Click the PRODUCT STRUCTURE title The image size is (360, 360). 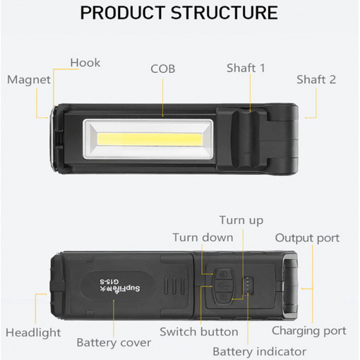pos(179,13)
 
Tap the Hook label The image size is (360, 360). pos(85,63)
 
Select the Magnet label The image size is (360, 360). pos(29,80)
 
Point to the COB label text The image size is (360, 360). pos(163,68)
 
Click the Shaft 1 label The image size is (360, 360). pos(246,68)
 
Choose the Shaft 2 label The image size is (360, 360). pos(316,80)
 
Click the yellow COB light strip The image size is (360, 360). pos(150,139)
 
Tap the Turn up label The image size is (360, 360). pos(241,220)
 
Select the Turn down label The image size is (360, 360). pos(203,237)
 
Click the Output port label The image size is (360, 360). pos(307,238)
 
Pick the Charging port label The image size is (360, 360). pos(309,331)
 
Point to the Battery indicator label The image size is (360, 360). pos(260,352)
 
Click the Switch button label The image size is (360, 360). pos(199,332)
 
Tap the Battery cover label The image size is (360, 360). pos(114,343)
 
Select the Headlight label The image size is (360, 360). pos(33,333)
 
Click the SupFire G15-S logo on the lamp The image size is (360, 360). pos(120,285)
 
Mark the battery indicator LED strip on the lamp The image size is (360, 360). pos(248,285)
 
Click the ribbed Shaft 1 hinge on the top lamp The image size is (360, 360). pos(246,138)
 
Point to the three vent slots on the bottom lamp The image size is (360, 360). pos(174,286)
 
